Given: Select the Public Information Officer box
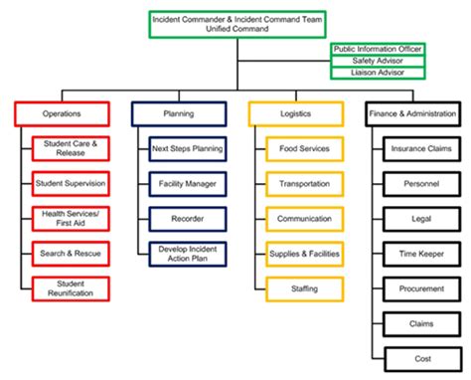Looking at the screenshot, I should click(377, 48).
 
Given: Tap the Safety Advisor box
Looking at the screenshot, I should click(377, 61).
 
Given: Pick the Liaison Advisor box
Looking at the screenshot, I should click(377, 73).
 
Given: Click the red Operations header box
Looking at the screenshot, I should click(60, 113).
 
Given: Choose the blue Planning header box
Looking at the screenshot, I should click(177, 113).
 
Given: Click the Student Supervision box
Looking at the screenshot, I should click(71, 184).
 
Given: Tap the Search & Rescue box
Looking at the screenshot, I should click(71, 254).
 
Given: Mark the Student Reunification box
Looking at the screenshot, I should click(71, 289).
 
